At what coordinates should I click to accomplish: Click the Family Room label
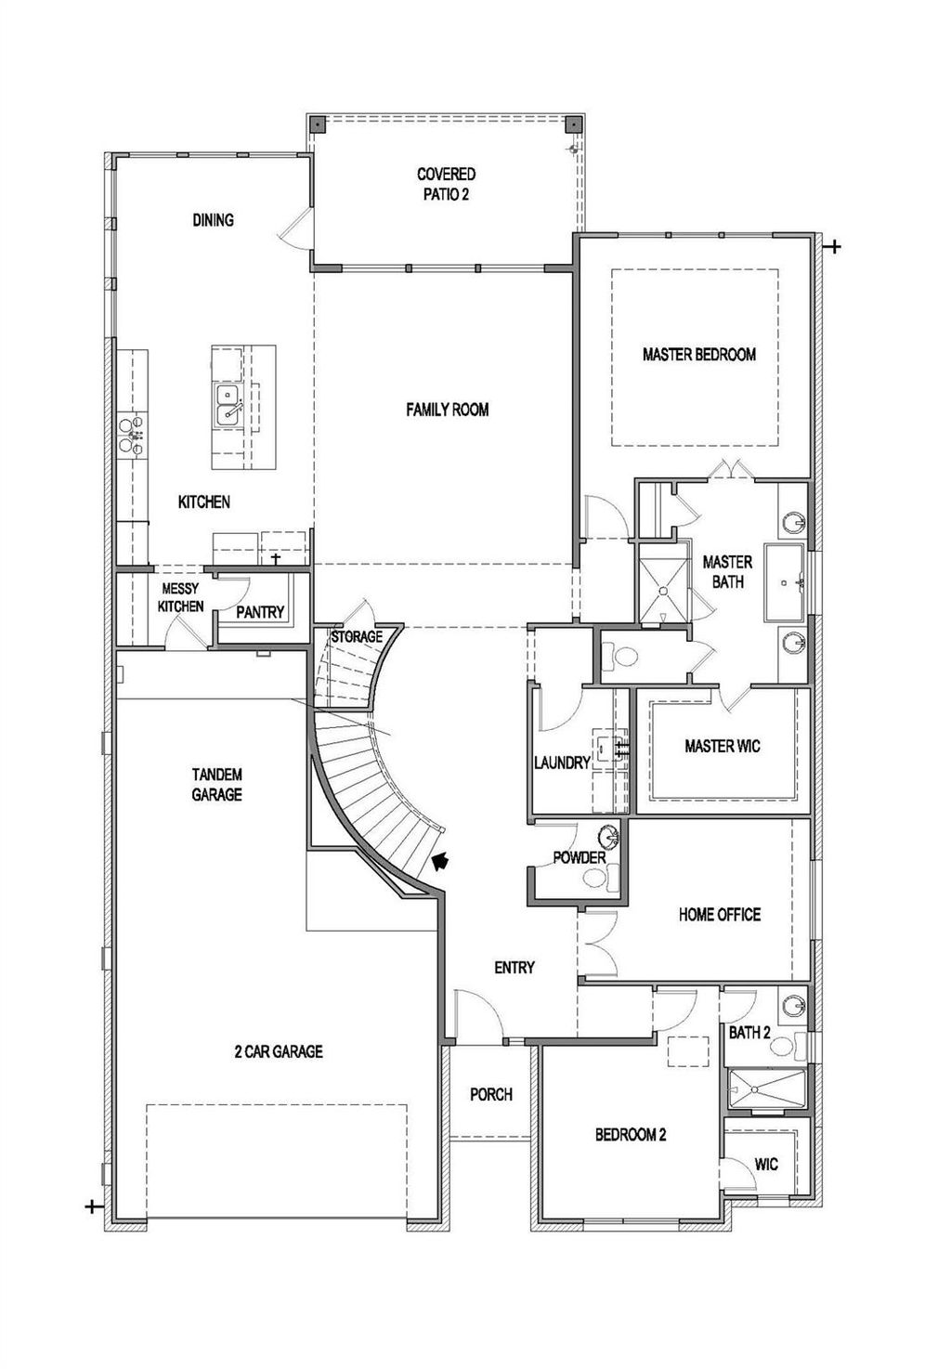[x=447, y=410]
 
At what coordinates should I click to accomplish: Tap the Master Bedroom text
[x=698, y=355]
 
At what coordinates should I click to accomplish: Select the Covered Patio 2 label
[x=446, y=184]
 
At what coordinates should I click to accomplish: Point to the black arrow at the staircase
[x=439, y=861]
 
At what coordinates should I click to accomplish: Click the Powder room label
[x=579, y=858]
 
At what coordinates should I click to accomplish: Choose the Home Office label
[x=720, y=915]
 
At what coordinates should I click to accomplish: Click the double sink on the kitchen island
[x=227, y=405]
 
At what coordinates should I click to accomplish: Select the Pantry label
[x=260, y=612]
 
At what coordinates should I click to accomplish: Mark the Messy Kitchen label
[x=180, y=597]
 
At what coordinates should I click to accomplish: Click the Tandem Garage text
[x=217, y=784]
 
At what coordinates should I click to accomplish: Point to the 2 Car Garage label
[x=278, y=1051]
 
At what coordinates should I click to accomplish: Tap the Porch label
[x=490, y=1095]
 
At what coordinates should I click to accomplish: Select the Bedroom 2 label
[x=630, y=1135]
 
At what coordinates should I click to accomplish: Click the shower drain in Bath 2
[x=755, y=1089]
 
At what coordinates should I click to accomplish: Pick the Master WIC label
[x=723, y=746]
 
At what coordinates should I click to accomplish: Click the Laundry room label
[x=562, y=763]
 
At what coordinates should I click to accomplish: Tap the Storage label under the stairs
[x=357, y=637]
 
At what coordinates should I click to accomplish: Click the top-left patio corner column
[x=318, y=124]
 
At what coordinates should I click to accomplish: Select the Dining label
[x=213, y=219]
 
